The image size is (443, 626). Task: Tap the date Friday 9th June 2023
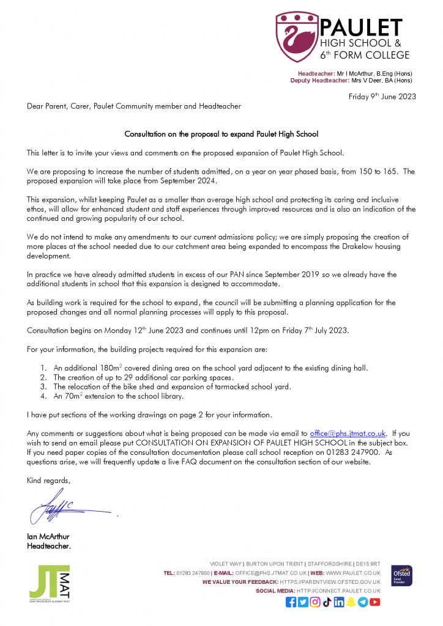click(x=382, y=96)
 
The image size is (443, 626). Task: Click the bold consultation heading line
click(x=221, y=134)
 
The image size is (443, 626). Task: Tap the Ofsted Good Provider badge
click(x=401, y=576)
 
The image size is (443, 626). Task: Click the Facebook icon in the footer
click(x=291, y=602)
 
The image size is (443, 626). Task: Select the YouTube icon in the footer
click(x=375, y=602)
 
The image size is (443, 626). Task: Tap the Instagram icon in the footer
click(x=315, y=602)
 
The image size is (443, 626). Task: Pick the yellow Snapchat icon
click(x=351, y=602)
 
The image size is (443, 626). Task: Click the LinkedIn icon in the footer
click(x=339, y=602)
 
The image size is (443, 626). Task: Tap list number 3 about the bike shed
click(x=43, y=386)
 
